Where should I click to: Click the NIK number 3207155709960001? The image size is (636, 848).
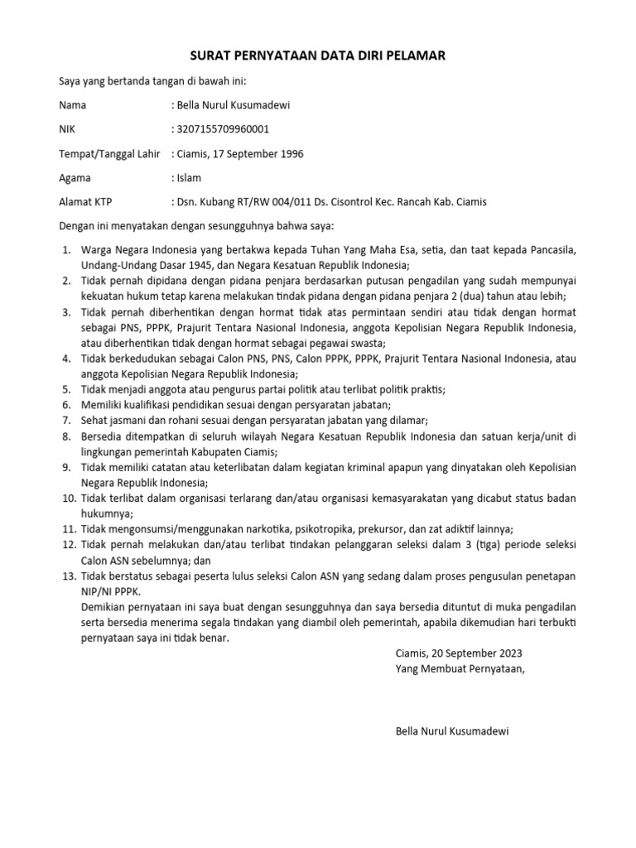tap(221, 129)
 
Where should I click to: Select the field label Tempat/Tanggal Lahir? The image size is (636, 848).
tap(109, 154)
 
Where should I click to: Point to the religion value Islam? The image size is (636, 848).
tap(188, 178)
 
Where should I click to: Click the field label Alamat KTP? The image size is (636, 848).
tap(85, 202)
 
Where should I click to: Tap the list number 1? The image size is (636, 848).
tap(66, 250)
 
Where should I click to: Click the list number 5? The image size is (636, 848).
tap(66, 389)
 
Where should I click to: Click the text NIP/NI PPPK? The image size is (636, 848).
tap(111, 591)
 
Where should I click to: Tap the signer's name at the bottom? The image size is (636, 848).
tap(452, 732)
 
